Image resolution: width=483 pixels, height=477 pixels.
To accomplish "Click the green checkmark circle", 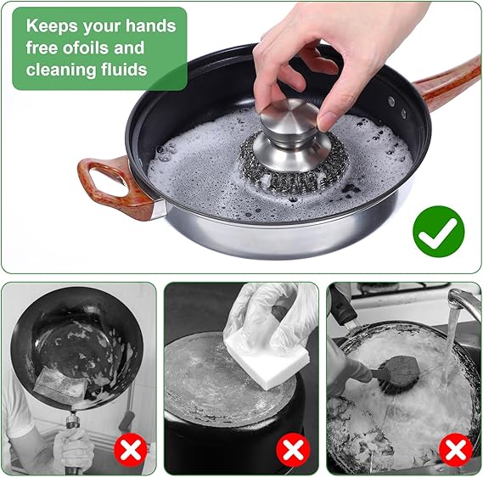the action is point(438,231).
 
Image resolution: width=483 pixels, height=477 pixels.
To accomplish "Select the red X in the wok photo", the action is point(130,450).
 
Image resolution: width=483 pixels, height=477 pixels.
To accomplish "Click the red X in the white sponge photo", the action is point(293,450).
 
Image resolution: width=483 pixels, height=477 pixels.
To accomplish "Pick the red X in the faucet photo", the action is point(456,450).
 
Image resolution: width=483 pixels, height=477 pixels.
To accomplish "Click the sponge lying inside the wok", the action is point(60,386).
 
